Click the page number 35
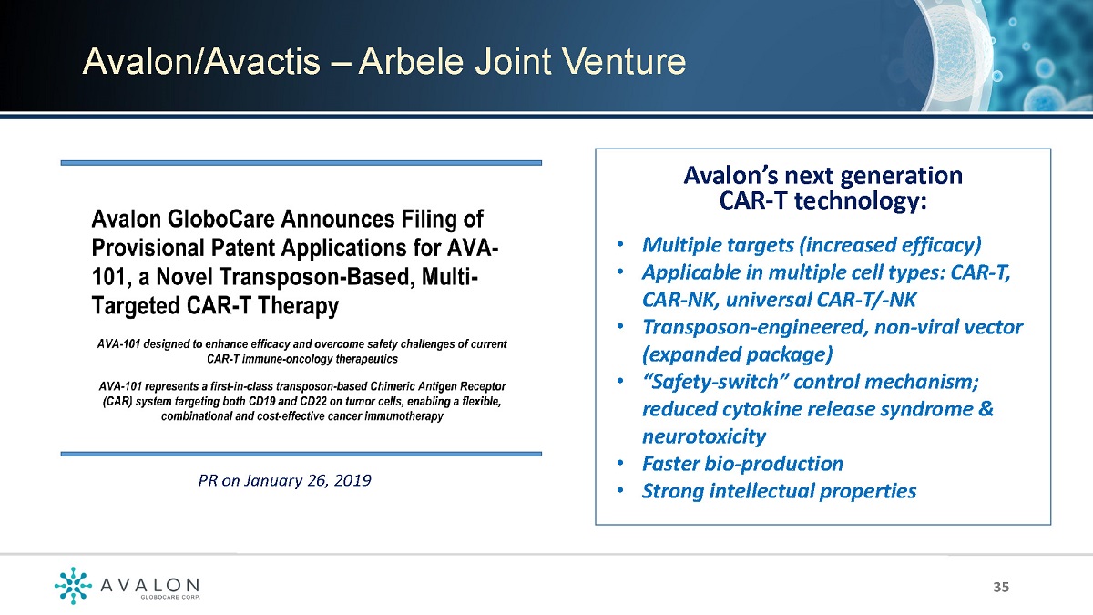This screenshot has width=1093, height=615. coord(1001,587)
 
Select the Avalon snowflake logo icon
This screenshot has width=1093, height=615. coord(73,585)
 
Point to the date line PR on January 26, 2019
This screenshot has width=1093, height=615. coord(284,481)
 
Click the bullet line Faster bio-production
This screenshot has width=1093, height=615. coord(742,464)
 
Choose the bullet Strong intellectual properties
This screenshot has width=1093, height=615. coord(780,491)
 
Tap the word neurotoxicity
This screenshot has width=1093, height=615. coord(703,436)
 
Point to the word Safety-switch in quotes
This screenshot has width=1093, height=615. coord(714,382)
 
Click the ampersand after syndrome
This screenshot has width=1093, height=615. coord(986,408)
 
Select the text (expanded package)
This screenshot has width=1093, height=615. coord(737,354)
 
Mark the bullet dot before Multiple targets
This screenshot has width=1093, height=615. coord(619,244)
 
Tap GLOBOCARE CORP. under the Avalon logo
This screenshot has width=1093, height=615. coord(169,597)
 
